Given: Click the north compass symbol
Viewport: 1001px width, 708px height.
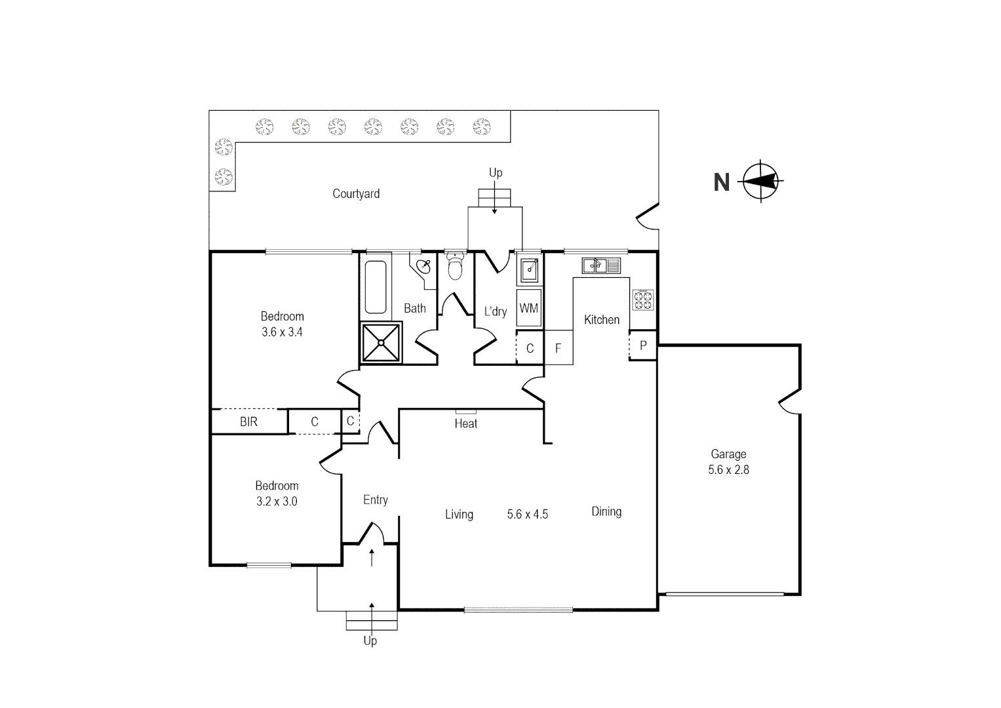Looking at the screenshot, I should pyautogui.click(x=761, y=181).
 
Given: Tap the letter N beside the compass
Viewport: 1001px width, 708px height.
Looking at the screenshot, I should pyautogui.click(x=721, y=182).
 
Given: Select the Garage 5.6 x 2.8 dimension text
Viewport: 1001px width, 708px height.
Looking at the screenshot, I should pyautogui.click(x=728, y=469).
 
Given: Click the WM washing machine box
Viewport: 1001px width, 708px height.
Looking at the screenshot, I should pyautogui.click(x=528, y=307).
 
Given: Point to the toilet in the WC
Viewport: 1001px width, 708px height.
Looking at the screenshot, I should pyautogui.click(x=454, y=267).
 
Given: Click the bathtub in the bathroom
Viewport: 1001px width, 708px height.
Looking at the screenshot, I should pyautogui.click(x=376, y=287).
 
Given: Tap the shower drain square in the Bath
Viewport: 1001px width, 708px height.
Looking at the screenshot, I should pyautogui.click(x=381, y=342).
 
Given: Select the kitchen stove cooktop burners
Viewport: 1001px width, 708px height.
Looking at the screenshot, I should pyautogui.click(x=642, y=300).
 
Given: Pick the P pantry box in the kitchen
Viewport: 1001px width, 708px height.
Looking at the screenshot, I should pyautogui.click(x=643, y=345).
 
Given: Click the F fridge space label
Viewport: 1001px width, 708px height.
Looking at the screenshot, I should pyautogui.click(x=559, y=348).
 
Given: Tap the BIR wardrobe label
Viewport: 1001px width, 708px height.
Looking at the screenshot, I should pyautogui.click(x=248, y=422).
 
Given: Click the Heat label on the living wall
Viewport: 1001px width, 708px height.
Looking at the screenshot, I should pyautogui.click(x=466, y=423).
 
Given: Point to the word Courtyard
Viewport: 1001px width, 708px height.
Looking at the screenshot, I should pyautogui.click(x=356, y=193).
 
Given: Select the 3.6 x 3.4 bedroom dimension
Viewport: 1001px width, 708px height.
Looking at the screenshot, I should pyautogui.click(x=282, y=332).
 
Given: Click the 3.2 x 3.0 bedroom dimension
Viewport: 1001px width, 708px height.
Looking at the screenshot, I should pyautogui.click(x=277, y=501).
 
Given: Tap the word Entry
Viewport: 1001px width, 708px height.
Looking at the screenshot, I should pyautogui.click(x=376, y=500).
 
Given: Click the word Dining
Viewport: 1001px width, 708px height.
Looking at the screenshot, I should pyautogui.click(x=606, y=511).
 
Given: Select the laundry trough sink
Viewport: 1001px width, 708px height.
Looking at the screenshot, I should pyautogui.click(x=529, y=269).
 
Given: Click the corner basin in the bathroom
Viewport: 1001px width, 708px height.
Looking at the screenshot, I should pyautogui.click(x=424, y=267).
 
